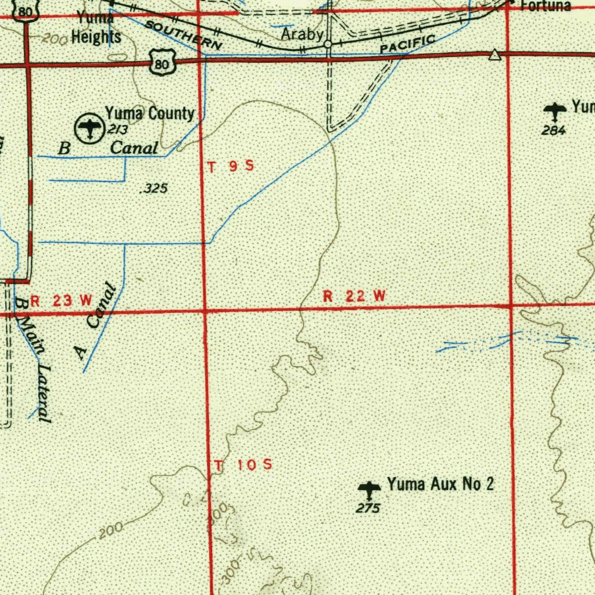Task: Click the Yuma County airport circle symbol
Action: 89,127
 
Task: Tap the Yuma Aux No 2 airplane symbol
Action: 368,488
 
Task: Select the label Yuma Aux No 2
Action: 440,483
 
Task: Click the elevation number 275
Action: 368,508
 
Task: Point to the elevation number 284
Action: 553,131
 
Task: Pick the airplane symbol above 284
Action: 555,109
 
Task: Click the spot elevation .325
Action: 155,188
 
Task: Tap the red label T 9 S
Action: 231,167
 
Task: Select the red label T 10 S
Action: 243,465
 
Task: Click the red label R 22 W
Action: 354,296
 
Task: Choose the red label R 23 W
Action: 61,300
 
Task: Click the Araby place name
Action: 302,34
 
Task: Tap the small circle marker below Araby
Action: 328,44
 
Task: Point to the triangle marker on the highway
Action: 494,55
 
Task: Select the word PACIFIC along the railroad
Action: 407,44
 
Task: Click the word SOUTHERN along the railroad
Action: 183,34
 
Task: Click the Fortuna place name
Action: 546,6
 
